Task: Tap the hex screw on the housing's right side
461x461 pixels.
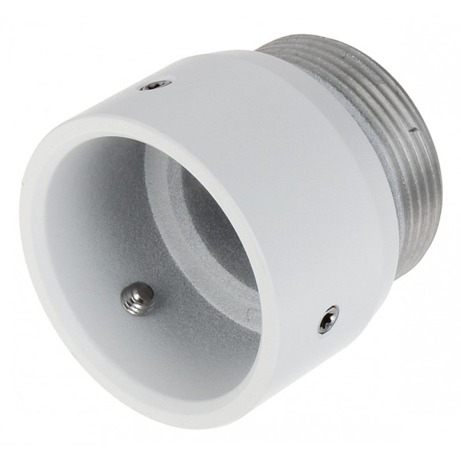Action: [328, 318]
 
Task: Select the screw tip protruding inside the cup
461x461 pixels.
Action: [139, 297]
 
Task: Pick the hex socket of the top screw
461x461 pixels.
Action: [157, 85]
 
